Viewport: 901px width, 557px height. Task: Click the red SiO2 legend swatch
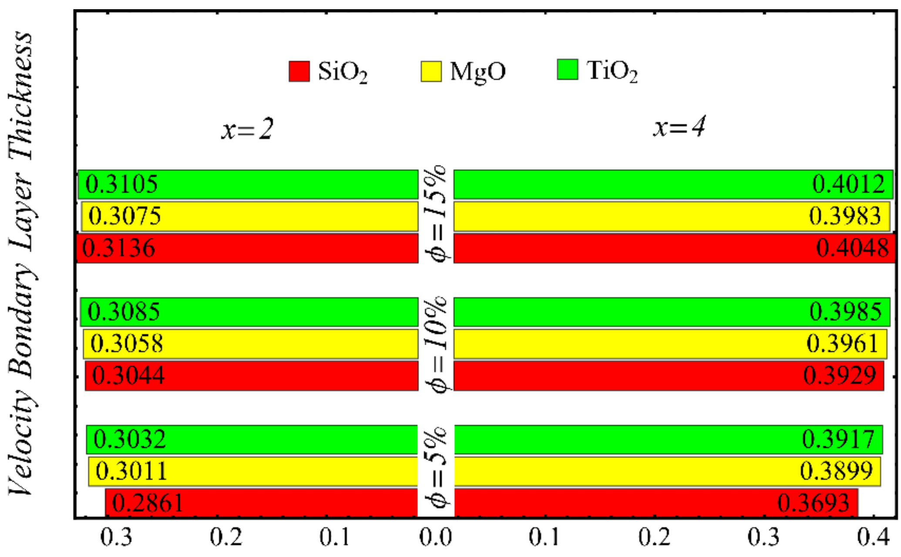299,71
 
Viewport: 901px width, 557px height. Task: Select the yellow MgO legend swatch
431,71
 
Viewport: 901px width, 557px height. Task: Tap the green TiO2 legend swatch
568,70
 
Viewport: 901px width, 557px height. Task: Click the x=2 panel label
247,129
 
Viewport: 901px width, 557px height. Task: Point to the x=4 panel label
679,127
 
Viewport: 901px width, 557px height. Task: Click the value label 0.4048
852,248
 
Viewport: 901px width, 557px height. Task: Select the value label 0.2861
148,503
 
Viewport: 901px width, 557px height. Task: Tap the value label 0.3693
813,503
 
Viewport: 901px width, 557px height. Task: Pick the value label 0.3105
121,184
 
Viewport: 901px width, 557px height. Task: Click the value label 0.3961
842,344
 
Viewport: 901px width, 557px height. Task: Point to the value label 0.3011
131,471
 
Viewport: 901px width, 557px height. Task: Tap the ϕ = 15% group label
437,214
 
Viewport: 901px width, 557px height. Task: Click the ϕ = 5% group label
437,467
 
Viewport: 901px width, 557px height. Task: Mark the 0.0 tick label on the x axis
436,537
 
